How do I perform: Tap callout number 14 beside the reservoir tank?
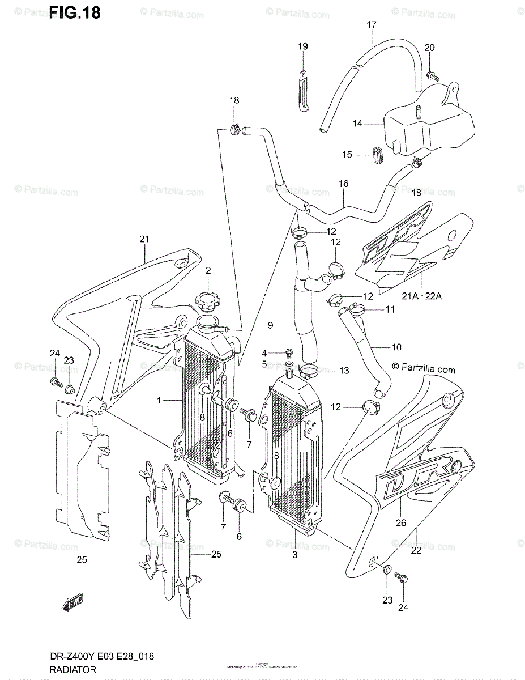357,123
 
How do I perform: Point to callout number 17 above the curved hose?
371,25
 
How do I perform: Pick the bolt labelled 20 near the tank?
432,74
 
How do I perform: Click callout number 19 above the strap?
302,46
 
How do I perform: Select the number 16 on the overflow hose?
343,184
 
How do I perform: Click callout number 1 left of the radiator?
160,400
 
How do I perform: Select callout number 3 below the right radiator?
294,554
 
